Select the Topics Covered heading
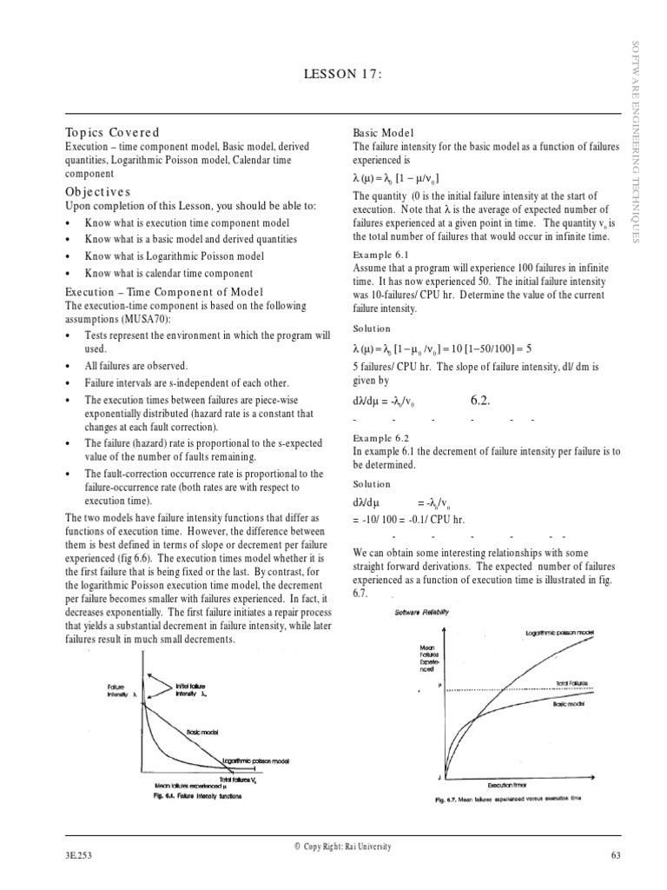113,132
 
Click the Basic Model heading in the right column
381,132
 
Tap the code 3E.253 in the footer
78,855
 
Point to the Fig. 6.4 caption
196,795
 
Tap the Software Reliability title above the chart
423,612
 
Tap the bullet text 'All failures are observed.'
135,367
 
